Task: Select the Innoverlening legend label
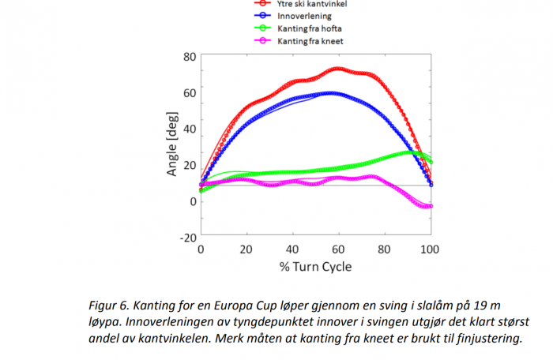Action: [x=304, y=15]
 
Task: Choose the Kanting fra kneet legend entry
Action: [x=310, y=40]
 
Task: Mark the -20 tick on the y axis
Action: [x=186, y=237]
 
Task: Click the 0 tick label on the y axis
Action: [x=193, y=201]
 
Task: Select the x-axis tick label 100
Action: [x=430, y=249]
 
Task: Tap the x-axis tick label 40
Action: [x=292, y=249]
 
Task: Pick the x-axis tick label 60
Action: [x=338, y=249]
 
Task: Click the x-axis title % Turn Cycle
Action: [x=315, y=266]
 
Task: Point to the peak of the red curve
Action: [x=338, y=69]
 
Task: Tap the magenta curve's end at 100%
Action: [x=431, y=206]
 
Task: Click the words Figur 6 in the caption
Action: [x=111, y=303]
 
